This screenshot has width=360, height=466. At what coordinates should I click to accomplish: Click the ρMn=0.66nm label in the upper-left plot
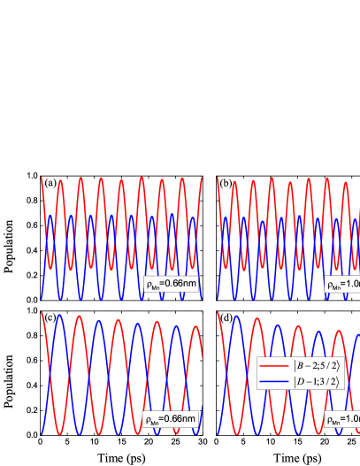pyautogui.click(x=171, y=285)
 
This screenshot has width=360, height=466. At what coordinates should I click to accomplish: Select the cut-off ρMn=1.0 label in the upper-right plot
pyautogui.click(x=342, y=285)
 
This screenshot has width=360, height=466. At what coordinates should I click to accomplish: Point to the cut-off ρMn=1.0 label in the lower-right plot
pyautogui.click(x=342, y=419)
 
